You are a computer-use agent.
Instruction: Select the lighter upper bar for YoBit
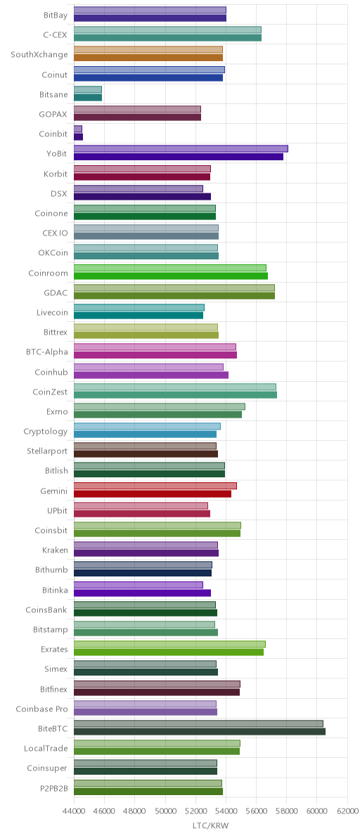click(181, 148)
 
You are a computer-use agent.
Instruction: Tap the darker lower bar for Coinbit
click(78, 137)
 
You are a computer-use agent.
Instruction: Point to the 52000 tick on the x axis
click(195, 810)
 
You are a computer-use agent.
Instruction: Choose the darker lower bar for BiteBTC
click(199, 732)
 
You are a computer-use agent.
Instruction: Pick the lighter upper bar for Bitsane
click(88, 89)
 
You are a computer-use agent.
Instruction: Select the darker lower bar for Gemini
click(152, 494)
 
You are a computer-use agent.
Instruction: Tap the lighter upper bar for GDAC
click(174, 288)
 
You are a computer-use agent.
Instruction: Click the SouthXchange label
click(39, 55)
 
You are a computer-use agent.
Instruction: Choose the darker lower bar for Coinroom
click(170, 276)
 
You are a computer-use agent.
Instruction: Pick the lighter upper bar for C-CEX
click(167, 30)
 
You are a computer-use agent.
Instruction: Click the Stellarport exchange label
click(47, 451)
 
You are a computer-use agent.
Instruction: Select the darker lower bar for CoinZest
click(175, 395)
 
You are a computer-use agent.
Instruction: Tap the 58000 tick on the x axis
click(286, 810)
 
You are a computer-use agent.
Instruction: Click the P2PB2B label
click(53, 788)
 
